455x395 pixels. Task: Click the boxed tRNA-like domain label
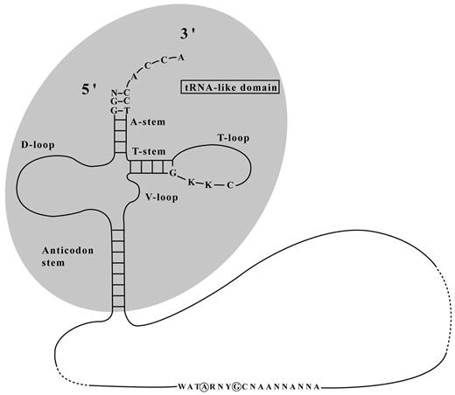tap(230, 87)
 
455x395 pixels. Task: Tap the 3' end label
tap(187, 35)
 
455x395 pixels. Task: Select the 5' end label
tap(88, 89)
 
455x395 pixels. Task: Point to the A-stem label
tap(148, 121)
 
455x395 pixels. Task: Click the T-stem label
tap(149, 151)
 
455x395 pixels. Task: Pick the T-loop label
tap(234, 138)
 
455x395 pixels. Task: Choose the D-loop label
tap(38, 144)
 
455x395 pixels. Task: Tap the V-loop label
tap(162, 197)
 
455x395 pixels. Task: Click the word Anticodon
tap(67, 250)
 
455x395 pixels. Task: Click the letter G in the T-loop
tap(172, 173)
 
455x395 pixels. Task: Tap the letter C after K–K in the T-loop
tap(230, 185)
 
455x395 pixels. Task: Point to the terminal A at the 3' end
tap(181, 58)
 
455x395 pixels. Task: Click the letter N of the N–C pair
tap(114, 94)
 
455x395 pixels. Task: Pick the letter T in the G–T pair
tap(126, 111)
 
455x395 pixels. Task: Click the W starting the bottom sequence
tap(181, 387)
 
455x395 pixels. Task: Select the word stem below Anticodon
tap(53, 263)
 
